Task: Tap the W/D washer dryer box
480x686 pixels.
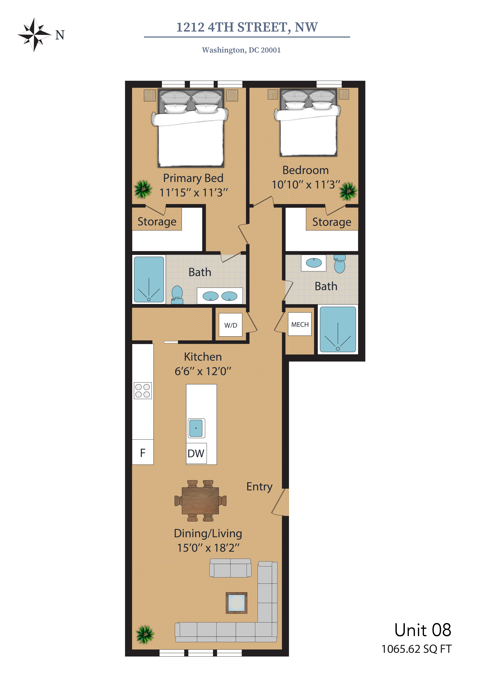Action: (x=230, y=325)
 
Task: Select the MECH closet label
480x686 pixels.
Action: (x=300, y=324)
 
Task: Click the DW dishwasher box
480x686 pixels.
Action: (x=196, y=453)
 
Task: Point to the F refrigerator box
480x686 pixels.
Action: (x=143, y=452)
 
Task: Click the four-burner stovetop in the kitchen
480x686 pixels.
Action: (x=143, y=391)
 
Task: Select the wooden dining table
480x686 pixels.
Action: (x=200, y=501)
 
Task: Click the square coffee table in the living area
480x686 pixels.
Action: (x=236, y=603)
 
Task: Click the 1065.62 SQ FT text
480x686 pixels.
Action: (x=416, y=649)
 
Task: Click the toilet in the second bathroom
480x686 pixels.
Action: (x=340, y=264)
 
